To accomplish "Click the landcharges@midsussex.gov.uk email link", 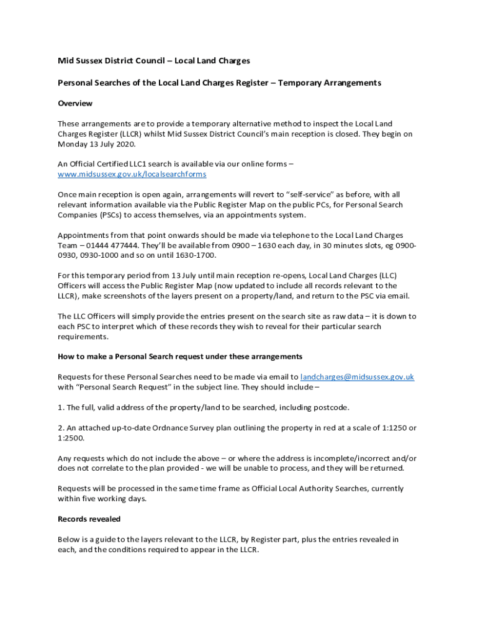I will [357, 377].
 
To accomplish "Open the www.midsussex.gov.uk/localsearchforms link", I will [132, 175].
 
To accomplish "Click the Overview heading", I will [75, 103].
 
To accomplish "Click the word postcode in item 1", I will [332, 407].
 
